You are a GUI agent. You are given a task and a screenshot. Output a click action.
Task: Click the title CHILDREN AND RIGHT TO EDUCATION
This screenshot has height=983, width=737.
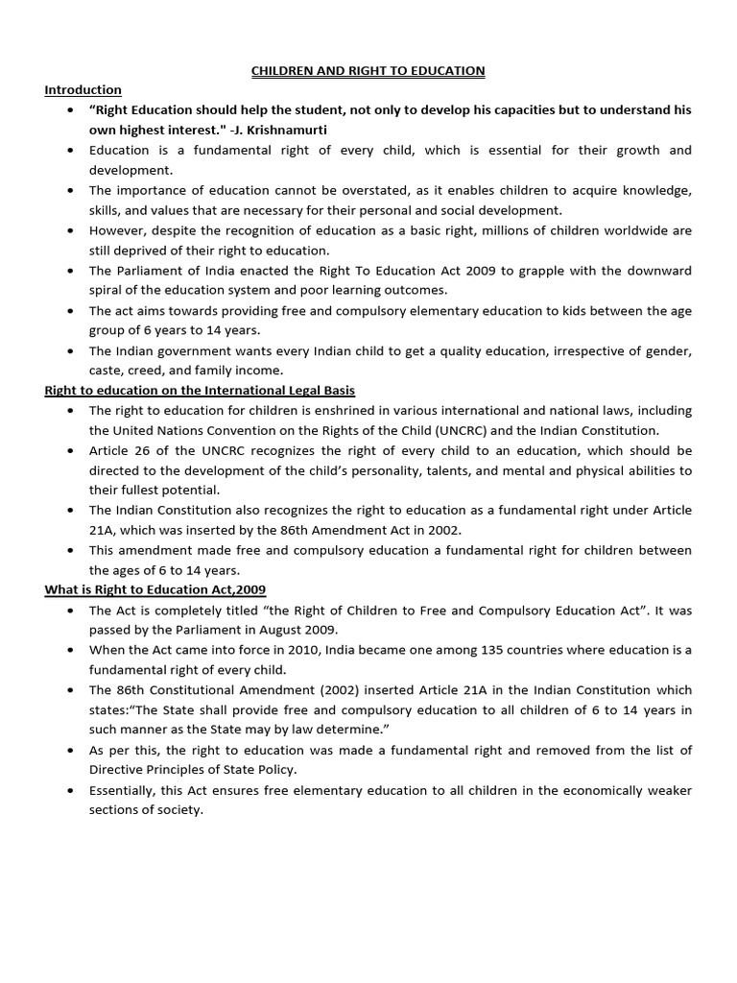(x=368, y=71)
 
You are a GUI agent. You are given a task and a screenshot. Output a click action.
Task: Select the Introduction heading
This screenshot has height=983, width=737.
(x=83, y=89)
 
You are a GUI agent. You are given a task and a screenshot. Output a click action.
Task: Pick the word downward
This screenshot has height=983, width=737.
(x=657, y=271)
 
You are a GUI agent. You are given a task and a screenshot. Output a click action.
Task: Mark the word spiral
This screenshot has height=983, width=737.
(x=107, y=290)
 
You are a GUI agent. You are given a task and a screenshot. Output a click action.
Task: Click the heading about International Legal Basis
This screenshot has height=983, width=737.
(x=200, y=390)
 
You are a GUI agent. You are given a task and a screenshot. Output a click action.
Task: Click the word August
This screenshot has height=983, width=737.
(x=264, y=630)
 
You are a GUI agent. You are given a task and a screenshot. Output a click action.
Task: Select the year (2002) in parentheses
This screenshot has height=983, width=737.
(x=314, y=690)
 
